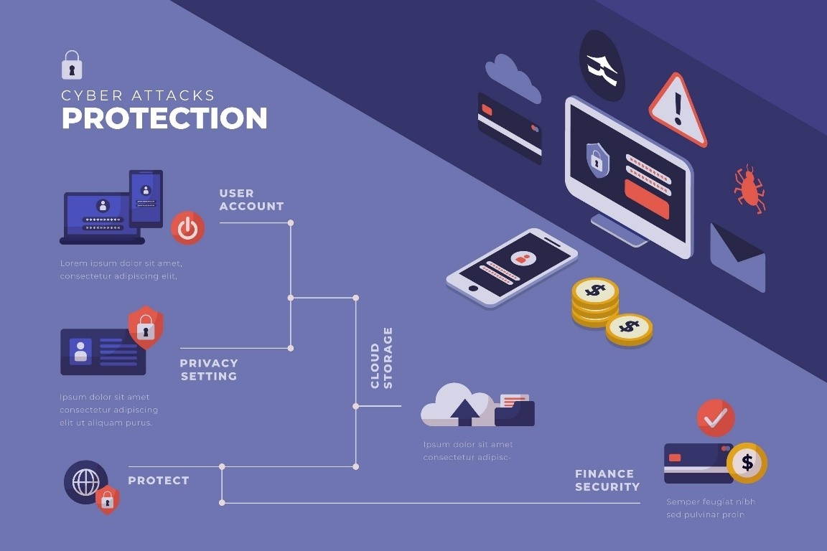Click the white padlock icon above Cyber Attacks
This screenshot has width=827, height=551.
(x=72, y=65)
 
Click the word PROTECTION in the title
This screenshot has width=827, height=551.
(x=164, y=118)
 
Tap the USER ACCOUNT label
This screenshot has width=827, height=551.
(x=251, y=200)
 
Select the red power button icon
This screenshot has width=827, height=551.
(x=187, y=228)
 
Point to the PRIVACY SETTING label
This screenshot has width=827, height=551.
(x=209, y=369)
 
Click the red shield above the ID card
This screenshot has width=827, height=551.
(x=146, y=327)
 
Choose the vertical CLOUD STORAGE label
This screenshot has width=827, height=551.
(x=381, y=357)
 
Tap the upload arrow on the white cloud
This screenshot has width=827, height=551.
(x=465, y=411)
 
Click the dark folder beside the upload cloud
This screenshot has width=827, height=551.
(x=515, y=412)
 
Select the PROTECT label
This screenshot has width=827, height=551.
(x=159, y=481)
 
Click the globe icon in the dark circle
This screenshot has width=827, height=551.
(x=85, y=481)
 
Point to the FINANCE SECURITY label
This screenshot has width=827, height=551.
(x=607, y=480)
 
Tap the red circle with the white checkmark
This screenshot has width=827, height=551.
(x=716, y=418)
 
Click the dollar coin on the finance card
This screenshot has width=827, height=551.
(x=747, y=463)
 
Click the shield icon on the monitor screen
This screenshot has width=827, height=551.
(x=597, y=159)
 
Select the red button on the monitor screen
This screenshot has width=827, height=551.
(x=647, y=198)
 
